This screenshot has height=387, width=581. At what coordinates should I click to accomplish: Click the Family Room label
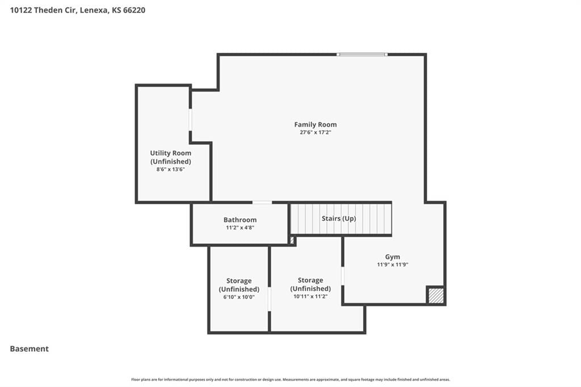[315, 124]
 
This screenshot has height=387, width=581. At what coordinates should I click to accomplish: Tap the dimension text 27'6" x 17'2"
[315, 132]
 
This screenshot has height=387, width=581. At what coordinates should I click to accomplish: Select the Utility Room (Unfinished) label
[170, 157]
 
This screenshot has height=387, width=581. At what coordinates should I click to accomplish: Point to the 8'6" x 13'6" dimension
[170, 170]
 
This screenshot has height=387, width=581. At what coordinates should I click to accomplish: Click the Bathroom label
[240, 220]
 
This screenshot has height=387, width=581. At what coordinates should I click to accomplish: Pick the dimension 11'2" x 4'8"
[240, 228]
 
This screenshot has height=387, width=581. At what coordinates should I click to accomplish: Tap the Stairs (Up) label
[339, 218]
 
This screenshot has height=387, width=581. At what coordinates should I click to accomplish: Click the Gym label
[393, 256]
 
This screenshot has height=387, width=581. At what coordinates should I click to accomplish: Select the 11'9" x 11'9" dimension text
[393, 264]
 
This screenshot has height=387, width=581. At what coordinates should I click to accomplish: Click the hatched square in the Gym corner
[436, 296]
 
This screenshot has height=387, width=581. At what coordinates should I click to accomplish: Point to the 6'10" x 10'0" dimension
[239, 297]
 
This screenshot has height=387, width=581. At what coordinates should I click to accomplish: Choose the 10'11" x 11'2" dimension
[310, 296]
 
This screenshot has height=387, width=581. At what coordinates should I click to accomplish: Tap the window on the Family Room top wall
[362, 54]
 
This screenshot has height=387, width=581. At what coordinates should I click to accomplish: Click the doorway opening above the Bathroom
[262, 203]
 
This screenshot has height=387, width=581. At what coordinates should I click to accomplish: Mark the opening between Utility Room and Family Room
[191, 120]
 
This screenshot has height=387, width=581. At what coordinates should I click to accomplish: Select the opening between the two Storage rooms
[270, 299]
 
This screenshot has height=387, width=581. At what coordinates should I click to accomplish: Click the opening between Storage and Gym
[343, 276]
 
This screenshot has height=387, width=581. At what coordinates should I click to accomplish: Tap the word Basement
[30, 349]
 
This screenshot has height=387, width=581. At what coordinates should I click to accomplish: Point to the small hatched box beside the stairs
[292, 241]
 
